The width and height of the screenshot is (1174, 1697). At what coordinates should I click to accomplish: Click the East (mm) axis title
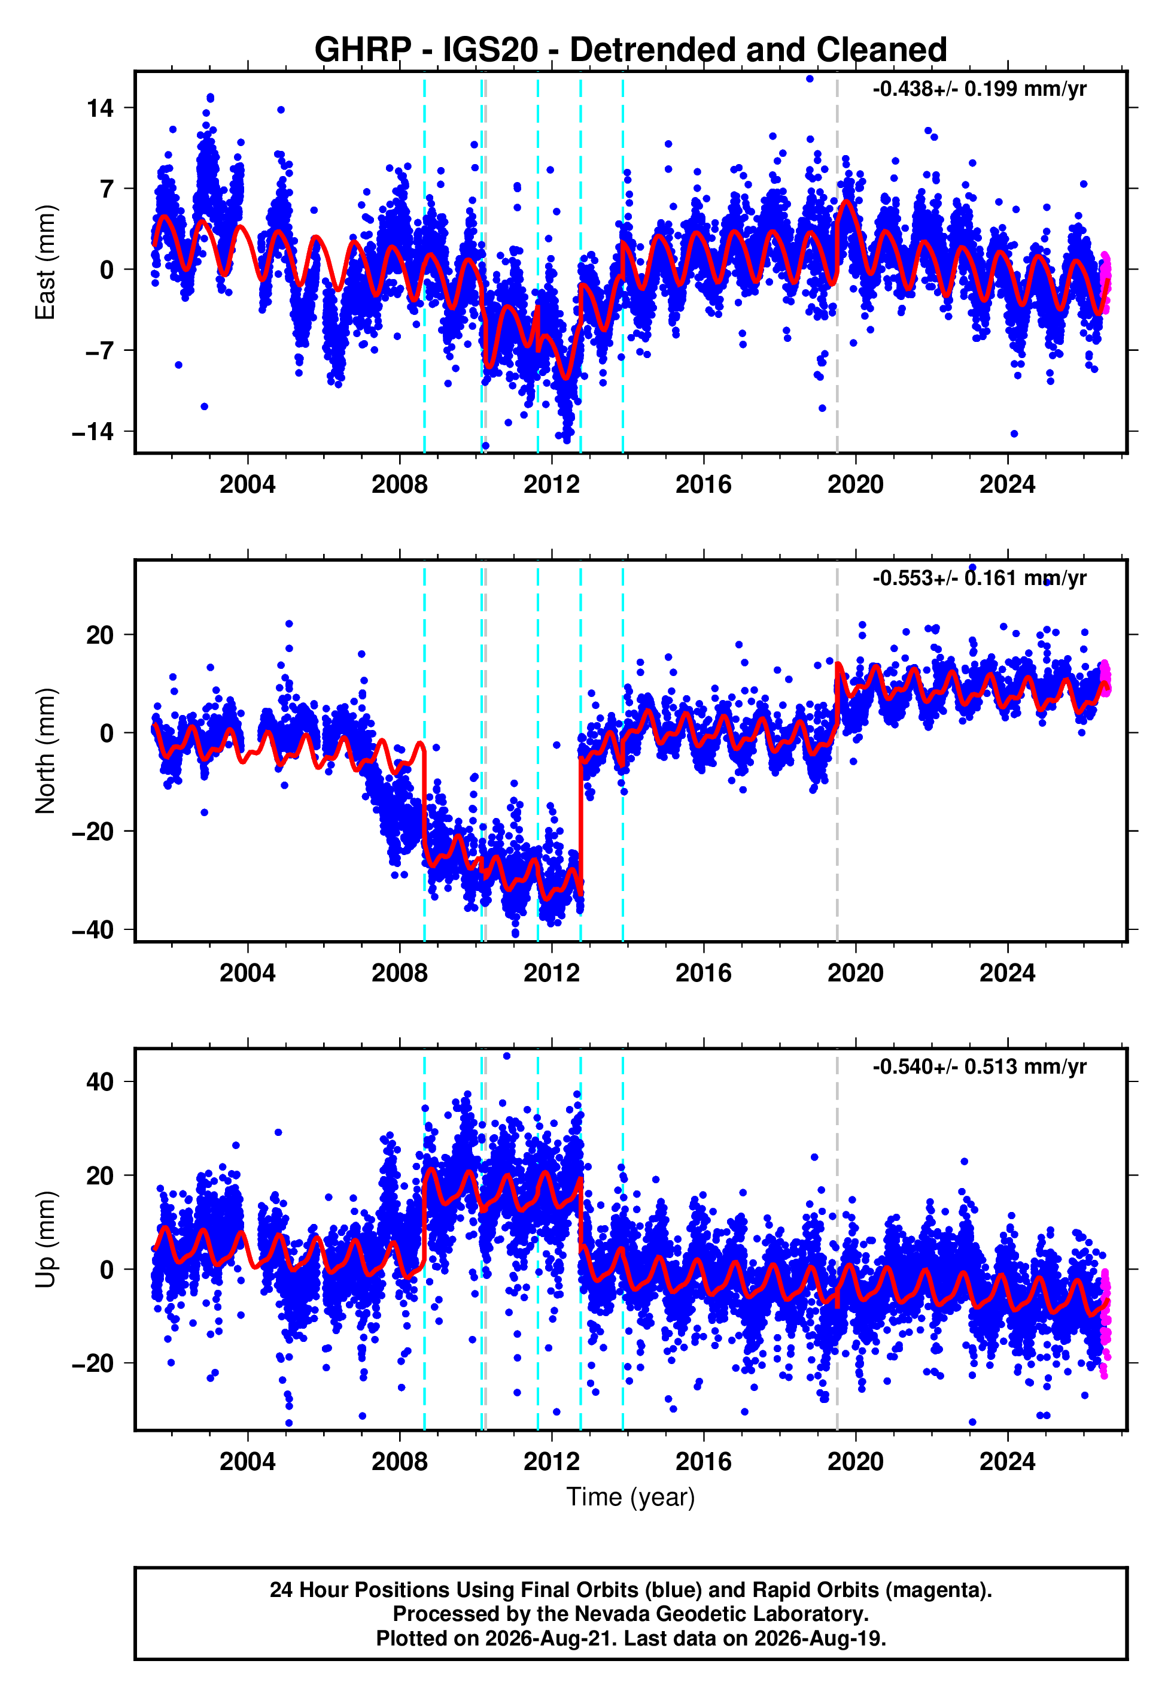[45, 262]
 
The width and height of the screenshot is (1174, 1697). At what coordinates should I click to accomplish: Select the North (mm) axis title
[45, 751]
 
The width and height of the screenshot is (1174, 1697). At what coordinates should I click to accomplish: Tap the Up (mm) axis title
[45, 1240]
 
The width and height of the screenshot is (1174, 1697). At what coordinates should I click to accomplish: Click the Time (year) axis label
[631, 1498]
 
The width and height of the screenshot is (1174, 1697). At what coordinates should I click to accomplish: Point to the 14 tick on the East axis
[101, 108]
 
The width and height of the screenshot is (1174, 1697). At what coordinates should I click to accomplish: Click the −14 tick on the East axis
[93, 432]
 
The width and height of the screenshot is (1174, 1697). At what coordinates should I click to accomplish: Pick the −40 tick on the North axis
[93, 930]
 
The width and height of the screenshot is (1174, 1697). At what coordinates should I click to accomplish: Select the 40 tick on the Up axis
[101, 1082]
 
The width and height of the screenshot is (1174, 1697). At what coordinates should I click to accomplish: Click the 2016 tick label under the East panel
[704, 484]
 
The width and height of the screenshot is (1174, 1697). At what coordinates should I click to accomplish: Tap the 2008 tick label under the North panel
[400, 973]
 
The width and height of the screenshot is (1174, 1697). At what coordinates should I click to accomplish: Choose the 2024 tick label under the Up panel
[1007, 1462]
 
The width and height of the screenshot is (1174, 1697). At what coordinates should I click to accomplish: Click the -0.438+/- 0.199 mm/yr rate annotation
[979, 89]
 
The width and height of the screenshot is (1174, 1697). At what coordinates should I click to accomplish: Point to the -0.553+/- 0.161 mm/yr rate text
[979, 578]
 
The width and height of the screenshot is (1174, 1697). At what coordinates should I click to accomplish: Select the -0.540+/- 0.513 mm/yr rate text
[979, 1066]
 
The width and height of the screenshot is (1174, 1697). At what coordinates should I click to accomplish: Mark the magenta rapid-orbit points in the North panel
[1104, 677]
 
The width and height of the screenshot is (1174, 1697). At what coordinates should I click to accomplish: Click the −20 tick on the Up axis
[93, 1363]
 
